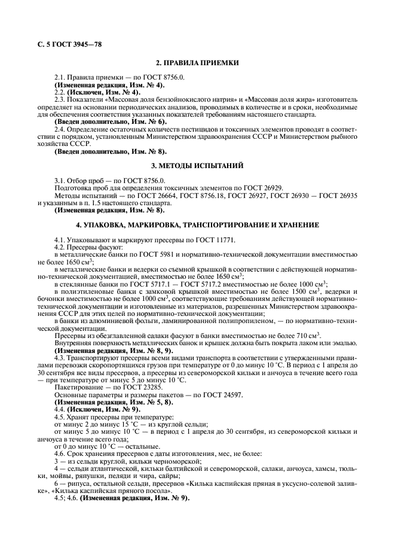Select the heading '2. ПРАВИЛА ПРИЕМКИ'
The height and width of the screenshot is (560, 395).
coord(197,62)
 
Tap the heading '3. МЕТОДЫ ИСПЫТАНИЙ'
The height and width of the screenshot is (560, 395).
coord(197,165)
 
